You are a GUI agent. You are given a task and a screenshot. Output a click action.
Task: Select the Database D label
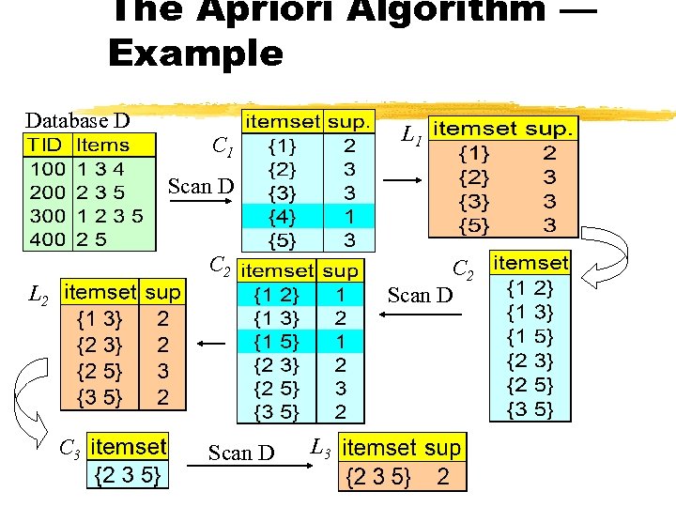click(77, 120)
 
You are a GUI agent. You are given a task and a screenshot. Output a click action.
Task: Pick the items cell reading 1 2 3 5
click(110, 215)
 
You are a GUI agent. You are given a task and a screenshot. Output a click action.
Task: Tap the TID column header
click(46, 145)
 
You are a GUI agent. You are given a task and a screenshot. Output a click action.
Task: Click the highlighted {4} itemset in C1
click(281, 216)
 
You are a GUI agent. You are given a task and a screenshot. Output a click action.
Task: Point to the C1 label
click(223, 146)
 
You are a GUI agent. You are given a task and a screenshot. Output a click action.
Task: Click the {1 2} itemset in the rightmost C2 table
click(530, 287)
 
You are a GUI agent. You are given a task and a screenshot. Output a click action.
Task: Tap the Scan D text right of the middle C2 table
click(421, 296)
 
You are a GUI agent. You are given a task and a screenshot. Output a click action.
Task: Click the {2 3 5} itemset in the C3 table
click(129, 476)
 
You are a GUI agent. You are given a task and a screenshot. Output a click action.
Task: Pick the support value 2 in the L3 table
click(443, 477)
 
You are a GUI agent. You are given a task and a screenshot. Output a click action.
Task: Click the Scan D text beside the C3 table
click(241, 453)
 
